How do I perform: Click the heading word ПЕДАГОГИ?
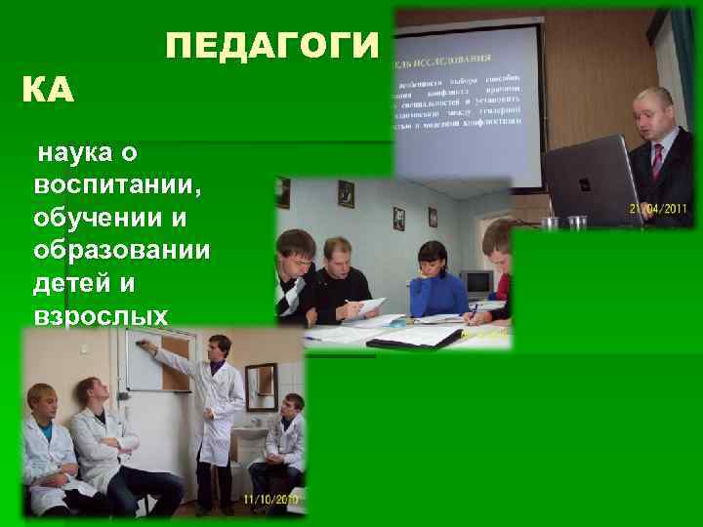click(x=270, y=46)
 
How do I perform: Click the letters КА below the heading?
click(x=48, y=93)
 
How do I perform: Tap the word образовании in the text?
click(x=120, y=250)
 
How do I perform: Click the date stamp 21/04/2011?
click(x=659, y=208)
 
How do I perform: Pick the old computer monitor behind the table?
click(x=476, y=283)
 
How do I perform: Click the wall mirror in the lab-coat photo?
click(x=261, y=386)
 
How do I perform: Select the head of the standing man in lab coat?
click(x=219, y=347)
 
